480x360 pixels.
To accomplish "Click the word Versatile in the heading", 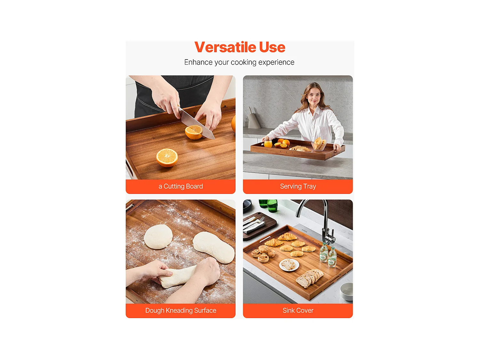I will (x=226, y=47).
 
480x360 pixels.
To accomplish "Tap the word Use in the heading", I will (x=272, y=47).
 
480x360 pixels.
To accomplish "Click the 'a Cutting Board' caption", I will (x=180, y=186).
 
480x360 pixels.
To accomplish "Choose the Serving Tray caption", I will (x=298, y=186).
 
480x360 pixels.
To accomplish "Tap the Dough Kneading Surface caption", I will (x=180, y=310).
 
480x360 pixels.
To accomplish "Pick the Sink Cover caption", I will (x=298, y=310).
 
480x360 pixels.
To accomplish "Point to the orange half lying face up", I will (x=167, y=157).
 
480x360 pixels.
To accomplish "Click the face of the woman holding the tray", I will (x=314, y=94).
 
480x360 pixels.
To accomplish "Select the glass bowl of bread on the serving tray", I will (x=319, y=144).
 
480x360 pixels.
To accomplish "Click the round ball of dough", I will (x=158, y=236).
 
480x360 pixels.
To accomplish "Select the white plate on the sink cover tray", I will (x=289, y=265).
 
